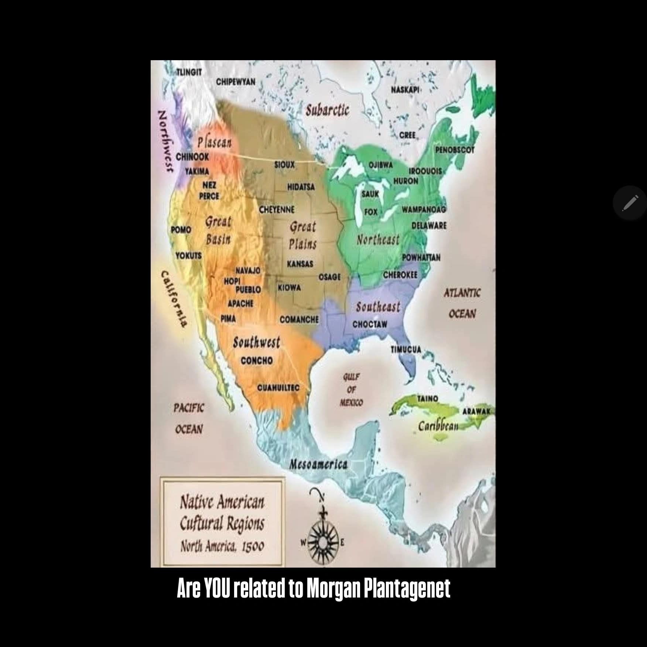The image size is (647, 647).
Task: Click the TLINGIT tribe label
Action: tap(188, 72)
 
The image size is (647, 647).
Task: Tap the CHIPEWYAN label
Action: tap(236, 82)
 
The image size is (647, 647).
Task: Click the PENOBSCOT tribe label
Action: tap(455, 150)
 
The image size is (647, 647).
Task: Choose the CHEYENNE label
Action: tap(277, 210)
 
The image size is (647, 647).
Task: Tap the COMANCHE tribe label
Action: tap(299, 319)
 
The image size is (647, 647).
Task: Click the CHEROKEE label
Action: tap(400, 275)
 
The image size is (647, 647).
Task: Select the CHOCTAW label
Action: tap(370, 324)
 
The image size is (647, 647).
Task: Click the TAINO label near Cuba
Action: tap(428, 398)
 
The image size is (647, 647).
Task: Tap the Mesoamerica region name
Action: tap(318, 464)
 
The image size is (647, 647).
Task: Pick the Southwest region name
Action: tap(257, 342)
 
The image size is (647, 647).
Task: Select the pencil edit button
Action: tap(630, 203)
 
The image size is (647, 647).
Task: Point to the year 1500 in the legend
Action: tap(253, 547)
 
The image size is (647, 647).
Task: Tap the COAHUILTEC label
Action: tap(278, 388)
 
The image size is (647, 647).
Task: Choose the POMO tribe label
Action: tap(181, 230)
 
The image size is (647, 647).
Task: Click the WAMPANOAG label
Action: tap(424, 209)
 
